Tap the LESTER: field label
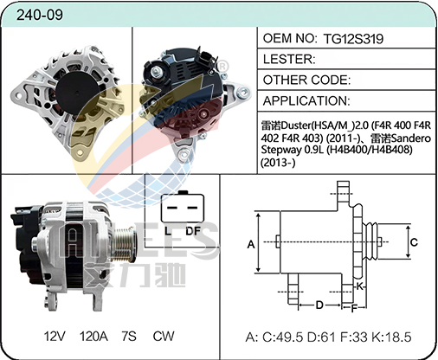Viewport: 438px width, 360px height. (x=288, y=59)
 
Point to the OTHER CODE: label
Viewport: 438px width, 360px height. (x=306, y=79)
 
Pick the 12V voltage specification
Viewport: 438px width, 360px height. (x=55, y=335)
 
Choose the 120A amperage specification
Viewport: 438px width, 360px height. (x=94, y=335)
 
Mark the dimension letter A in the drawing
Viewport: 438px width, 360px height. (x=251, y=245)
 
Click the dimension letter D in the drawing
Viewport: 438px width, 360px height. (x=319, y=304)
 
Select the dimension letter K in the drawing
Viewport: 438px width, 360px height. (x=358, y=286)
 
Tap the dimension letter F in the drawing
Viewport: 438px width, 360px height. (x=353, y=307)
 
